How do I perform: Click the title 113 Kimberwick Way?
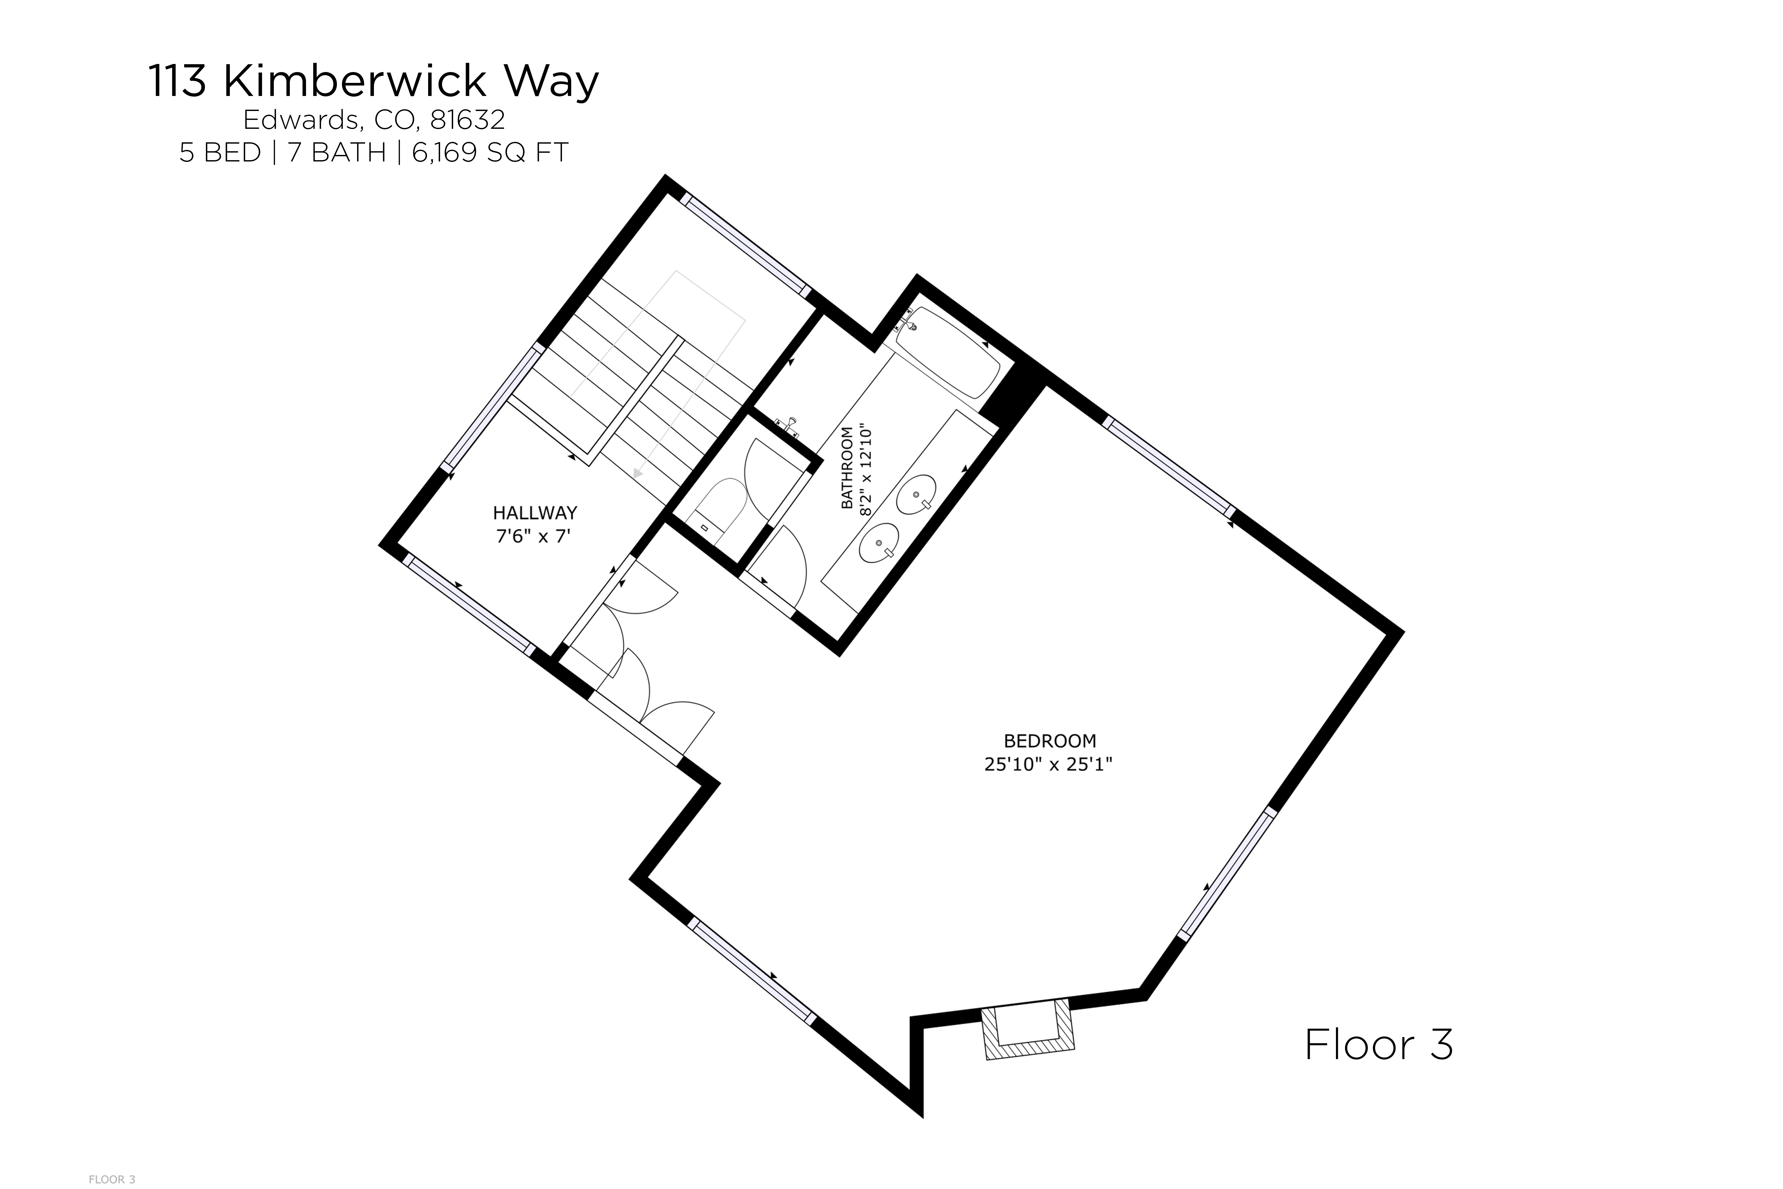373,82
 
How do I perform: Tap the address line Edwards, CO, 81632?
374,120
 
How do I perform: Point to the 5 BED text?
220,153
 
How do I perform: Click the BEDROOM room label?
1050,741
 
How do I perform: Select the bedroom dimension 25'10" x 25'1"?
1048,764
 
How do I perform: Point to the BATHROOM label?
847,468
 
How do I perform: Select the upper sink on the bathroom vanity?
916,494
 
